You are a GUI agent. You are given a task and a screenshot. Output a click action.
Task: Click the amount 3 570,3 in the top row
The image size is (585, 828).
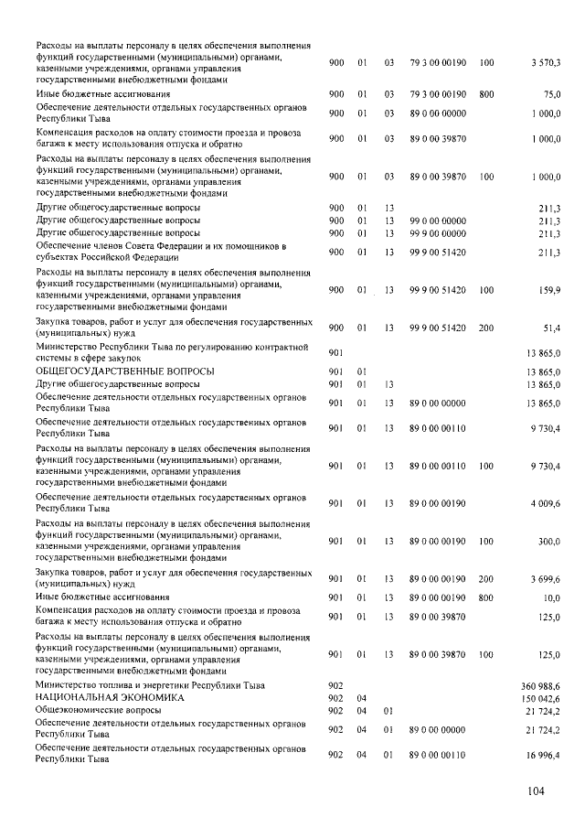545,62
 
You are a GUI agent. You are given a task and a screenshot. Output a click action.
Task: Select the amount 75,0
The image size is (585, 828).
551,93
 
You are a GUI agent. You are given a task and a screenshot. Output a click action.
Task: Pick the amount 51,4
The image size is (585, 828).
551,328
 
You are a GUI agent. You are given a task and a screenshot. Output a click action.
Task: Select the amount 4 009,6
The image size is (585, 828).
546,504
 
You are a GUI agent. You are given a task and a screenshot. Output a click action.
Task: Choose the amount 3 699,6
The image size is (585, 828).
546,579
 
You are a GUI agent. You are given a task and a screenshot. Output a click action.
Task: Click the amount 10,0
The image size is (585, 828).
551,597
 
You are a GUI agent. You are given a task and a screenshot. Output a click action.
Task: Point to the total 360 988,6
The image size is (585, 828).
541,685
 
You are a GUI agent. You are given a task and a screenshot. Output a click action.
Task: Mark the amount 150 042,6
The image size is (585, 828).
541,697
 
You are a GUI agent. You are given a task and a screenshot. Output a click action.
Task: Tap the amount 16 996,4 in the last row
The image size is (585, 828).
543,754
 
